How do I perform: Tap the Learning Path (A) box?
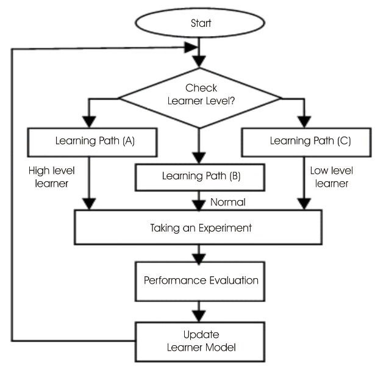[x=92, y=142]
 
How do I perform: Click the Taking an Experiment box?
[x=201, y=229]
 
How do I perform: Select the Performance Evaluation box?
[x=201, y=281]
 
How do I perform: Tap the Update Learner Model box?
[x=201, y=341]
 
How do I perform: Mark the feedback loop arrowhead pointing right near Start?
[x=193, y=48]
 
